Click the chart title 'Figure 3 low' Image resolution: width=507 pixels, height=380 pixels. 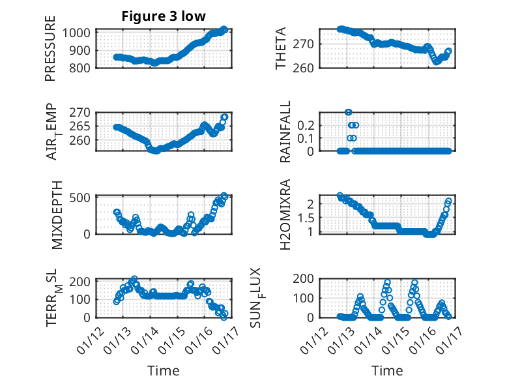164,17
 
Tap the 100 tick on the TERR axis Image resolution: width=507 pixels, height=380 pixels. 83,299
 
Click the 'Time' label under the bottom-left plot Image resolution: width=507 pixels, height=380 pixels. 163,370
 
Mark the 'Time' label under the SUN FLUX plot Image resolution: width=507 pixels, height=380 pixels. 387,370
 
